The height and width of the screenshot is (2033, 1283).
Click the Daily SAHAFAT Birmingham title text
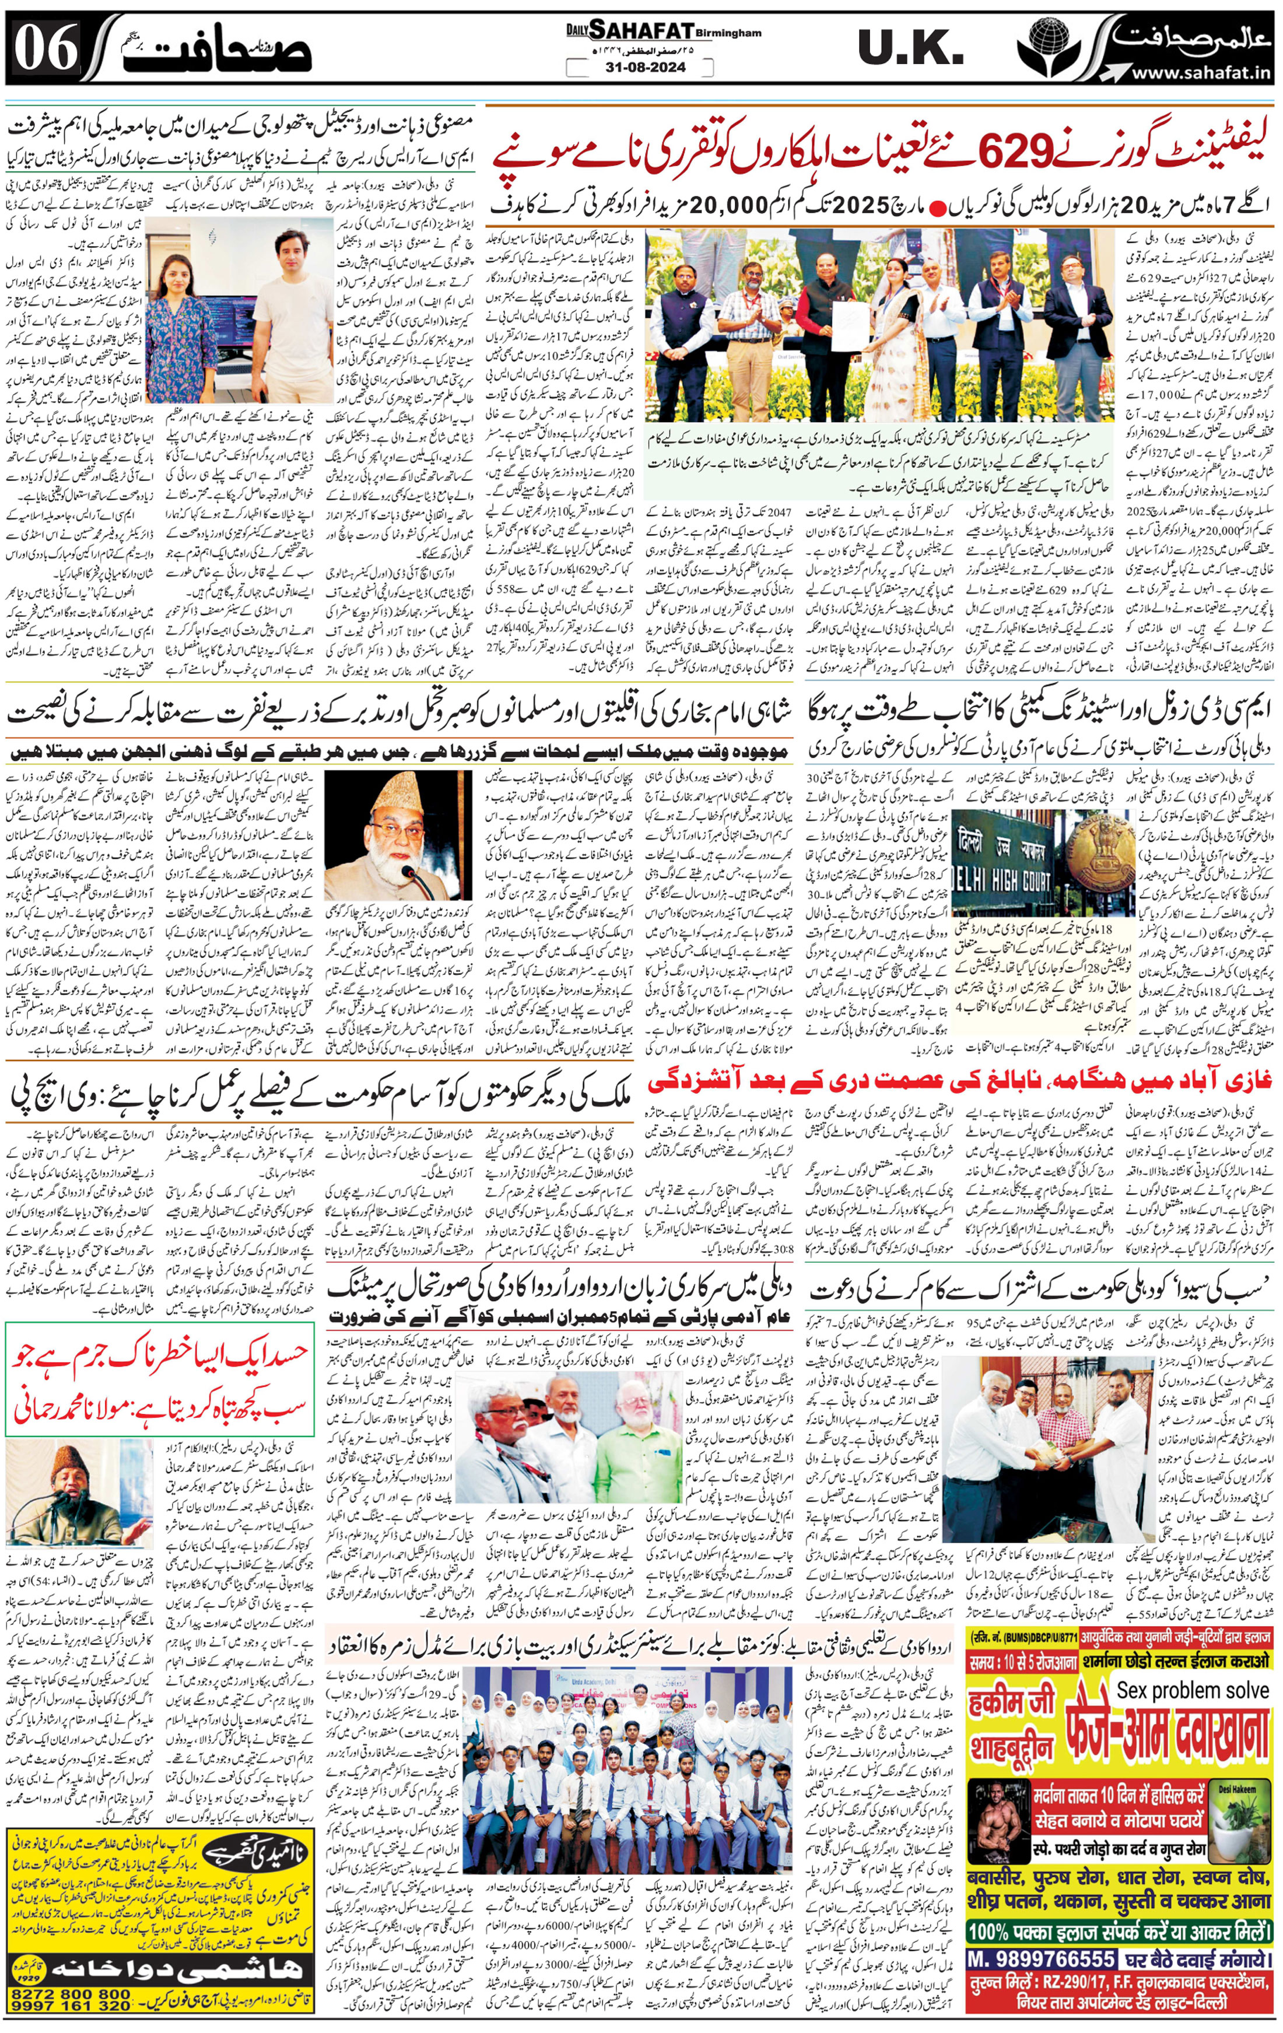(x=664, y=31)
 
